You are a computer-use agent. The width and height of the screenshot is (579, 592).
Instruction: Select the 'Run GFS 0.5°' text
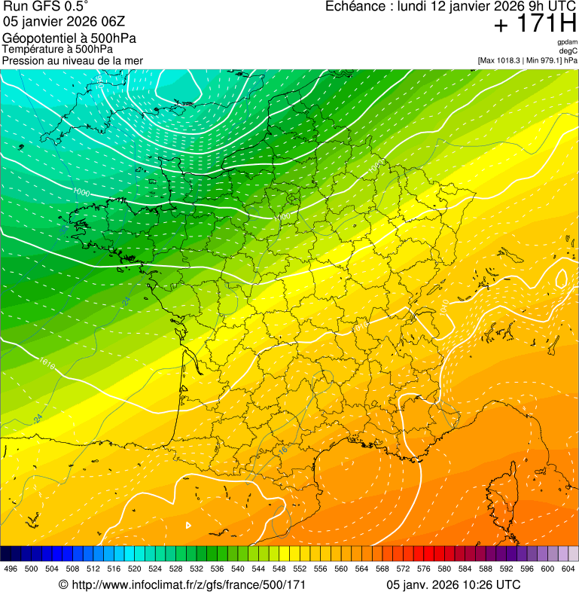(x=45, y=7)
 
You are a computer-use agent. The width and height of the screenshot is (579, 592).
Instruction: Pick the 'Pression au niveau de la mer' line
(x=72, y=60)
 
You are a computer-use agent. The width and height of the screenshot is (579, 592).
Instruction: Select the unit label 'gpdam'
(x=567, y=42)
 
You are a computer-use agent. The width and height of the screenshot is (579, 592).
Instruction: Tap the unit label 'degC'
(x=568, y=51)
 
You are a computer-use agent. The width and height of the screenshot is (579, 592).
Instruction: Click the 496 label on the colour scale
(x=11, y=569)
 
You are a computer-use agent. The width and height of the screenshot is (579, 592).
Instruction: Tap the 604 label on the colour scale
(x=568, y=569)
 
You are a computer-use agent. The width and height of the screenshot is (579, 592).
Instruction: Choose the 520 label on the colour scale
(x=135, y=569)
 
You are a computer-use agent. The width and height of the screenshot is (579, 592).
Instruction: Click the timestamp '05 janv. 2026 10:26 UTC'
(x=453, y=584)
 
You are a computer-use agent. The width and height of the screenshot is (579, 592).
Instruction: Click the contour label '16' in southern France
(x=283, y=450)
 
